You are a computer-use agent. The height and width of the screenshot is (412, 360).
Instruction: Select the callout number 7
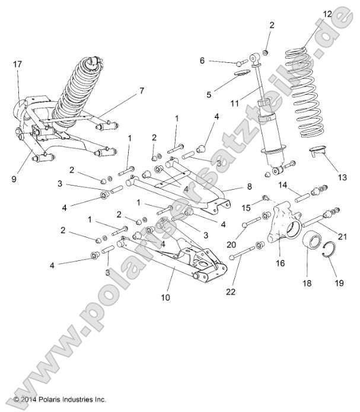(141, 91)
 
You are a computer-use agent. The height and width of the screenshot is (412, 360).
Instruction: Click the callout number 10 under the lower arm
(165, 297)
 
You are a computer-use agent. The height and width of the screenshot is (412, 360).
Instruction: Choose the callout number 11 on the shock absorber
(234, 103)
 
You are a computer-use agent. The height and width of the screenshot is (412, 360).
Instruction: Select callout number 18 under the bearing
(307, 283)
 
